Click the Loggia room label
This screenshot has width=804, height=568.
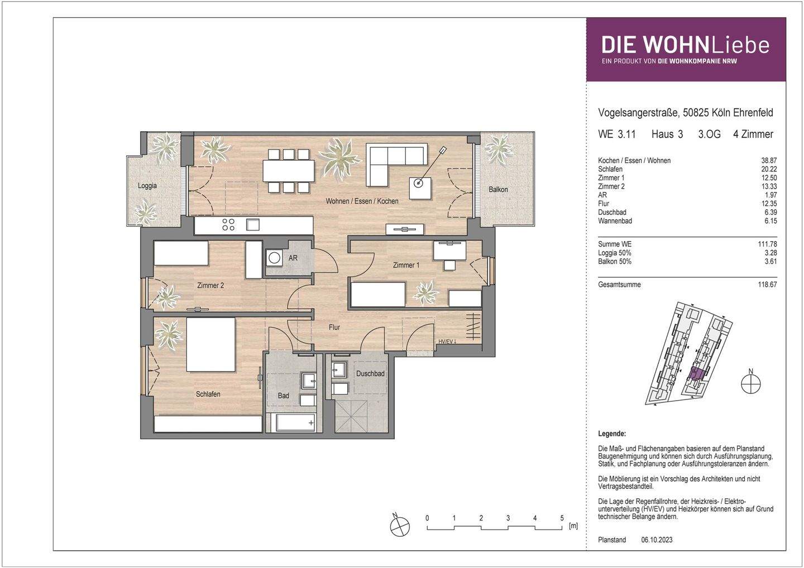click(x=147, y=186)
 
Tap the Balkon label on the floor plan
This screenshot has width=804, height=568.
click(x=498, y=189)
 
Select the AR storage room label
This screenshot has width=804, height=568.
click(x=293, y=258)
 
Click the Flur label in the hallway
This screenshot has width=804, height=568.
click(x=334, y=327)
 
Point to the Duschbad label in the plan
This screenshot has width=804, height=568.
click(x=370, y=374)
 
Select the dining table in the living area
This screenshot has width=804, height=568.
click(x=289, y=171)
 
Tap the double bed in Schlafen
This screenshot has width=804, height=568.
click(x=210, y=344)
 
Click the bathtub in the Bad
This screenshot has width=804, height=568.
click(x=295, y=423)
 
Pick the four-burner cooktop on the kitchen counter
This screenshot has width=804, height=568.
click(x=228, y=225)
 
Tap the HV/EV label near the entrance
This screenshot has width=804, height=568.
click(x=447, y=341)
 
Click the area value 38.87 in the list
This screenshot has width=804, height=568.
click(x=769, y=161)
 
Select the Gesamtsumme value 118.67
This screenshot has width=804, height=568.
click(x=767, y=285)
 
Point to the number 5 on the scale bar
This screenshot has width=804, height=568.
click(x=562, y=518)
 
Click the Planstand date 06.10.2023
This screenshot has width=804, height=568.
click(x=657, y=540)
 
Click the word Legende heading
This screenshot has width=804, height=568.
click(x=612, y=434)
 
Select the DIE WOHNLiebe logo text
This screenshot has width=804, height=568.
click(x=685, y=45)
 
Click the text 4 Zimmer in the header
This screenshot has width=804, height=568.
click(x=753, y=134)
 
